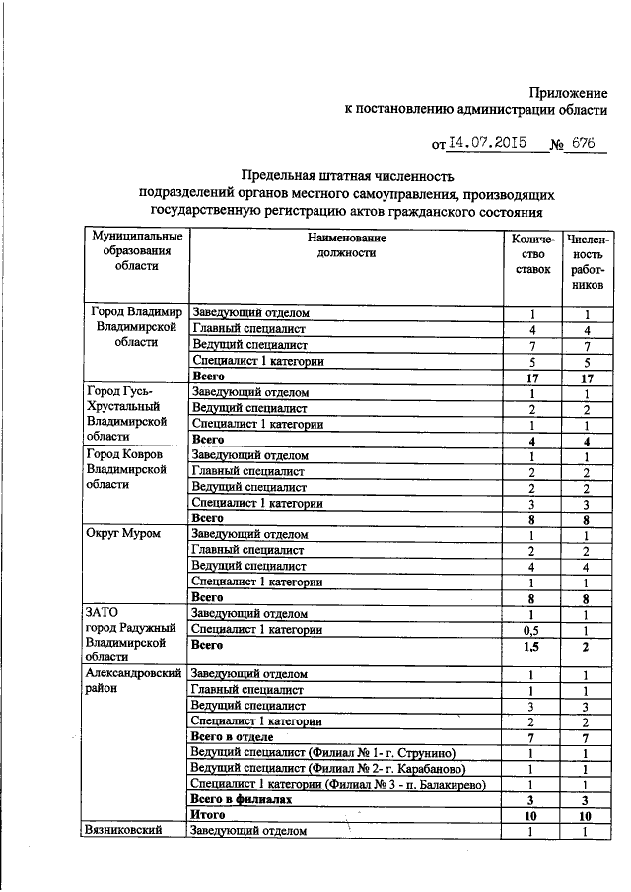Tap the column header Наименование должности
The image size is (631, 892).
[x=346, y=245]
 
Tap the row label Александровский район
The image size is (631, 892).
[x=133, y=681]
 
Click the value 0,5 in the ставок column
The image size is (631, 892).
[x=532, y=629]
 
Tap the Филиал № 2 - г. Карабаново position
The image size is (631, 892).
[x=326, y=768]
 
